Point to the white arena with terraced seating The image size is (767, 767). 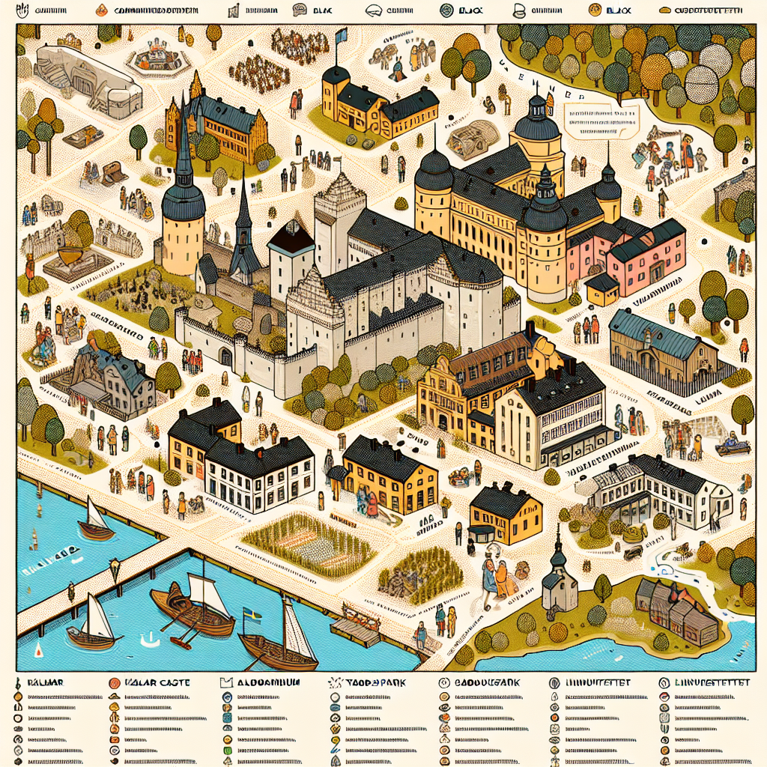(x=88, y=79)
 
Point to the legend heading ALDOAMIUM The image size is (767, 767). (x=259, y=683)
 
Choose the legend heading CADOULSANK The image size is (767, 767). (x=479, y=683)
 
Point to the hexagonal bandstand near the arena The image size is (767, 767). (x=157, y=56)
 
